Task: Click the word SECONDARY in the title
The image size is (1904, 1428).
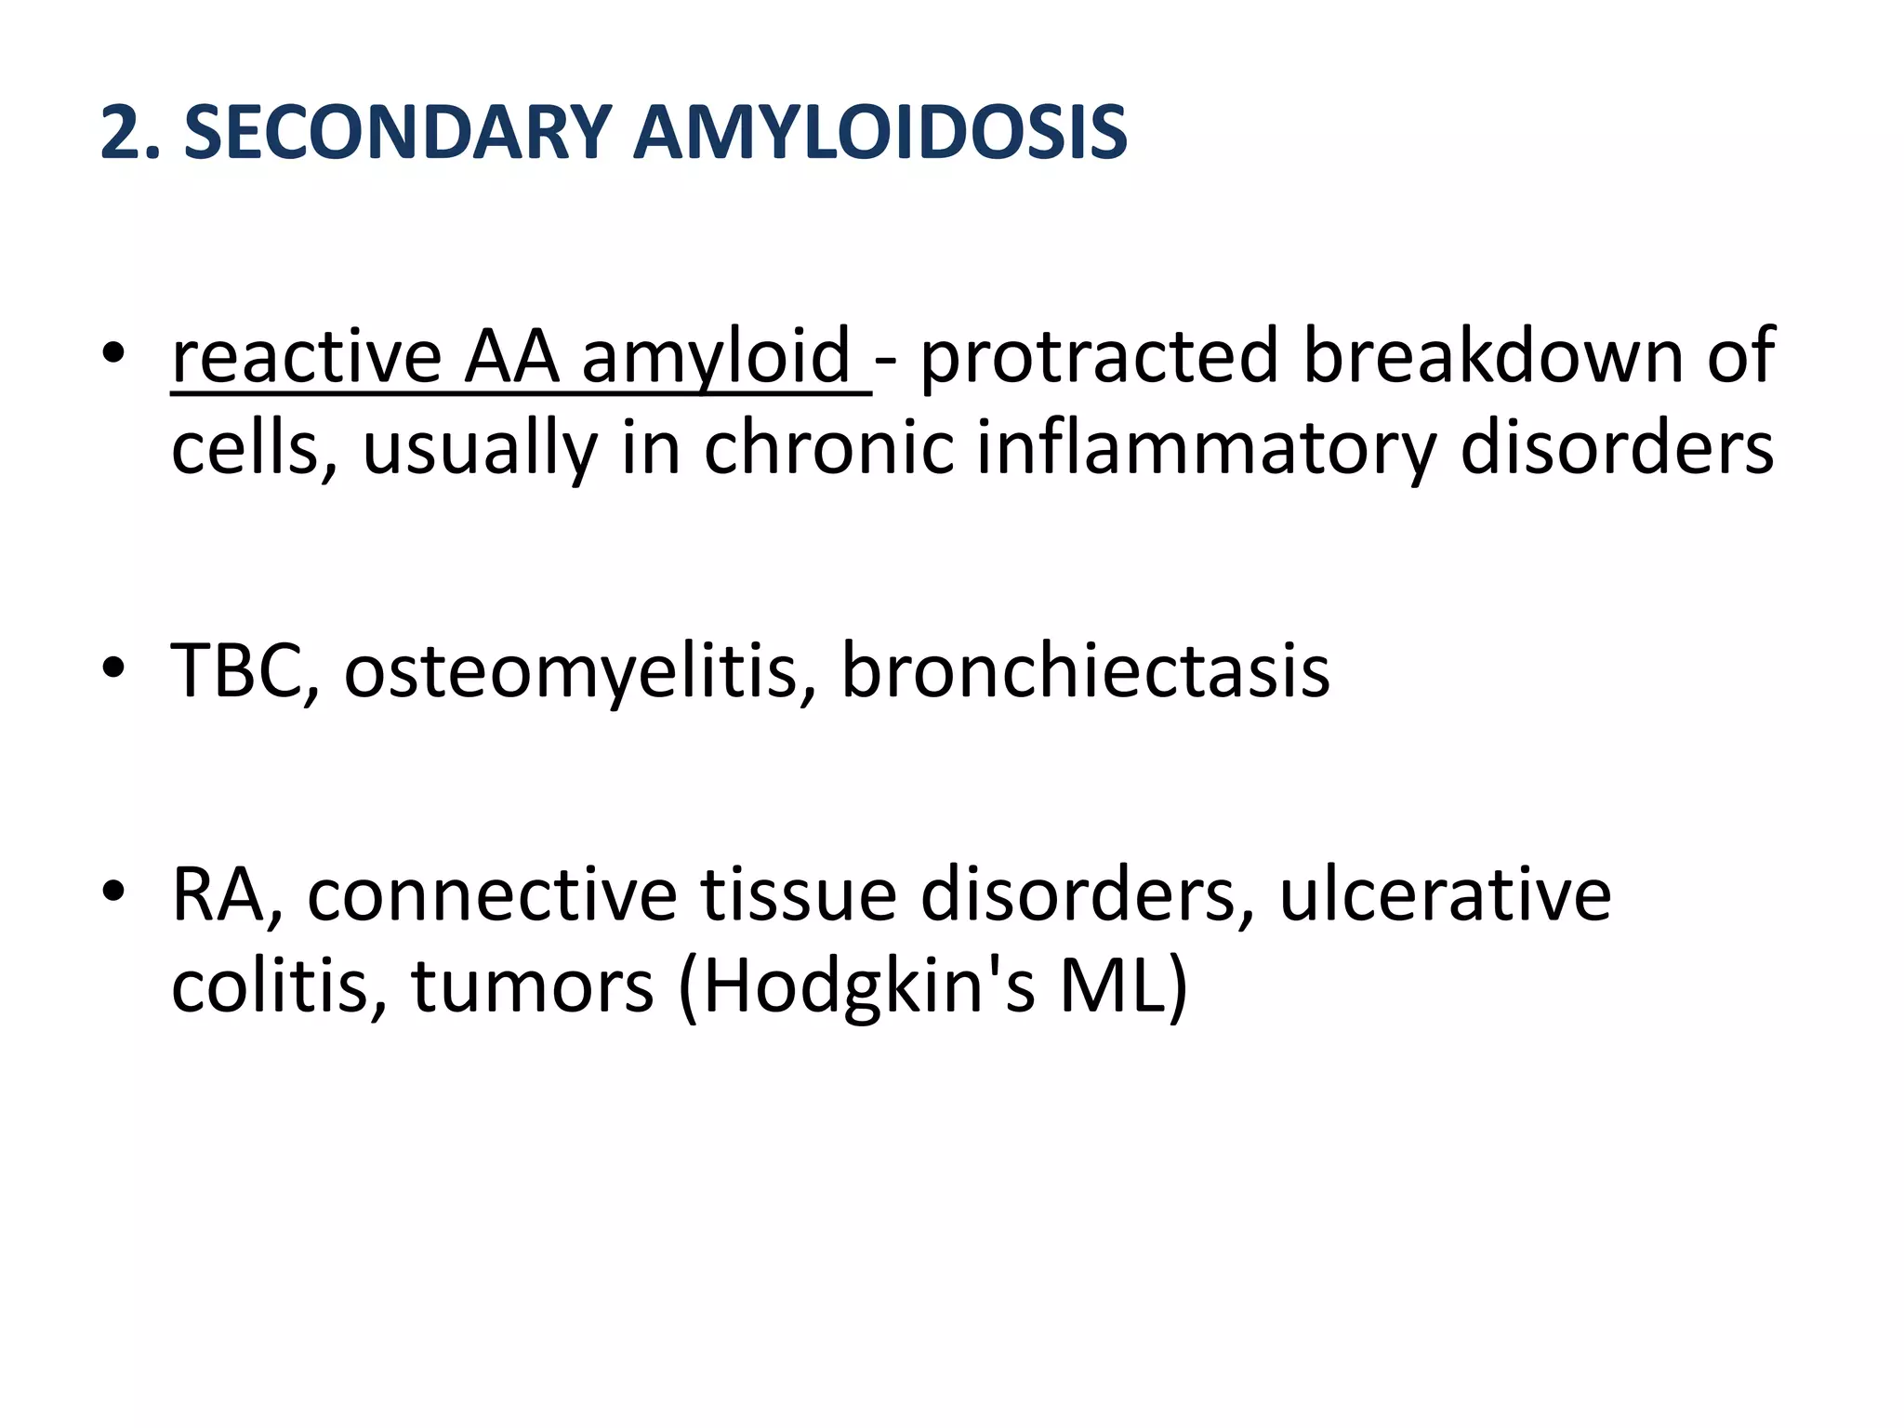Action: coord(396,133)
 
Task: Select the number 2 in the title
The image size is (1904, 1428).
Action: coord(119,133)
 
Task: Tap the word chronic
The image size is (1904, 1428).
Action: coord(828,449)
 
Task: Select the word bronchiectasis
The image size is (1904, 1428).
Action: coord(1085,670)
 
